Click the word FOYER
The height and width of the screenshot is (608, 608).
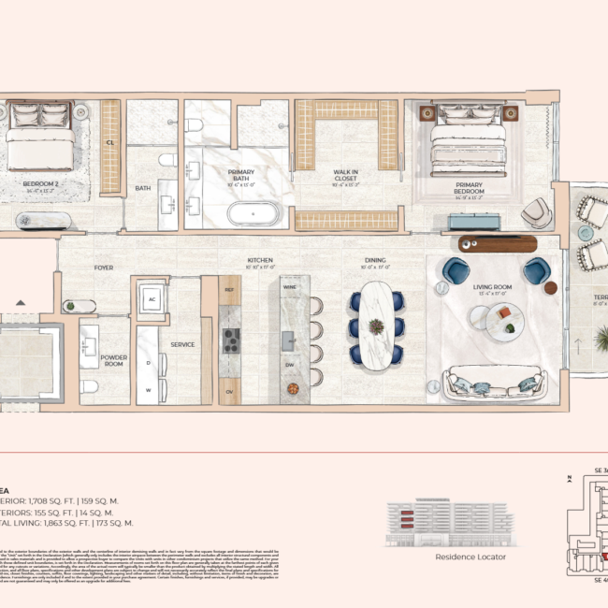[104, 268]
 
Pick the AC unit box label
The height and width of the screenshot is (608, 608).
[152, 299]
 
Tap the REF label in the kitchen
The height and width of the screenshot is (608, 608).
[230, 291]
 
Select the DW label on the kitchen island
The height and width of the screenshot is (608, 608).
[289, 366]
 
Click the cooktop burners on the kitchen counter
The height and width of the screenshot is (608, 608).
[231, 340]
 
